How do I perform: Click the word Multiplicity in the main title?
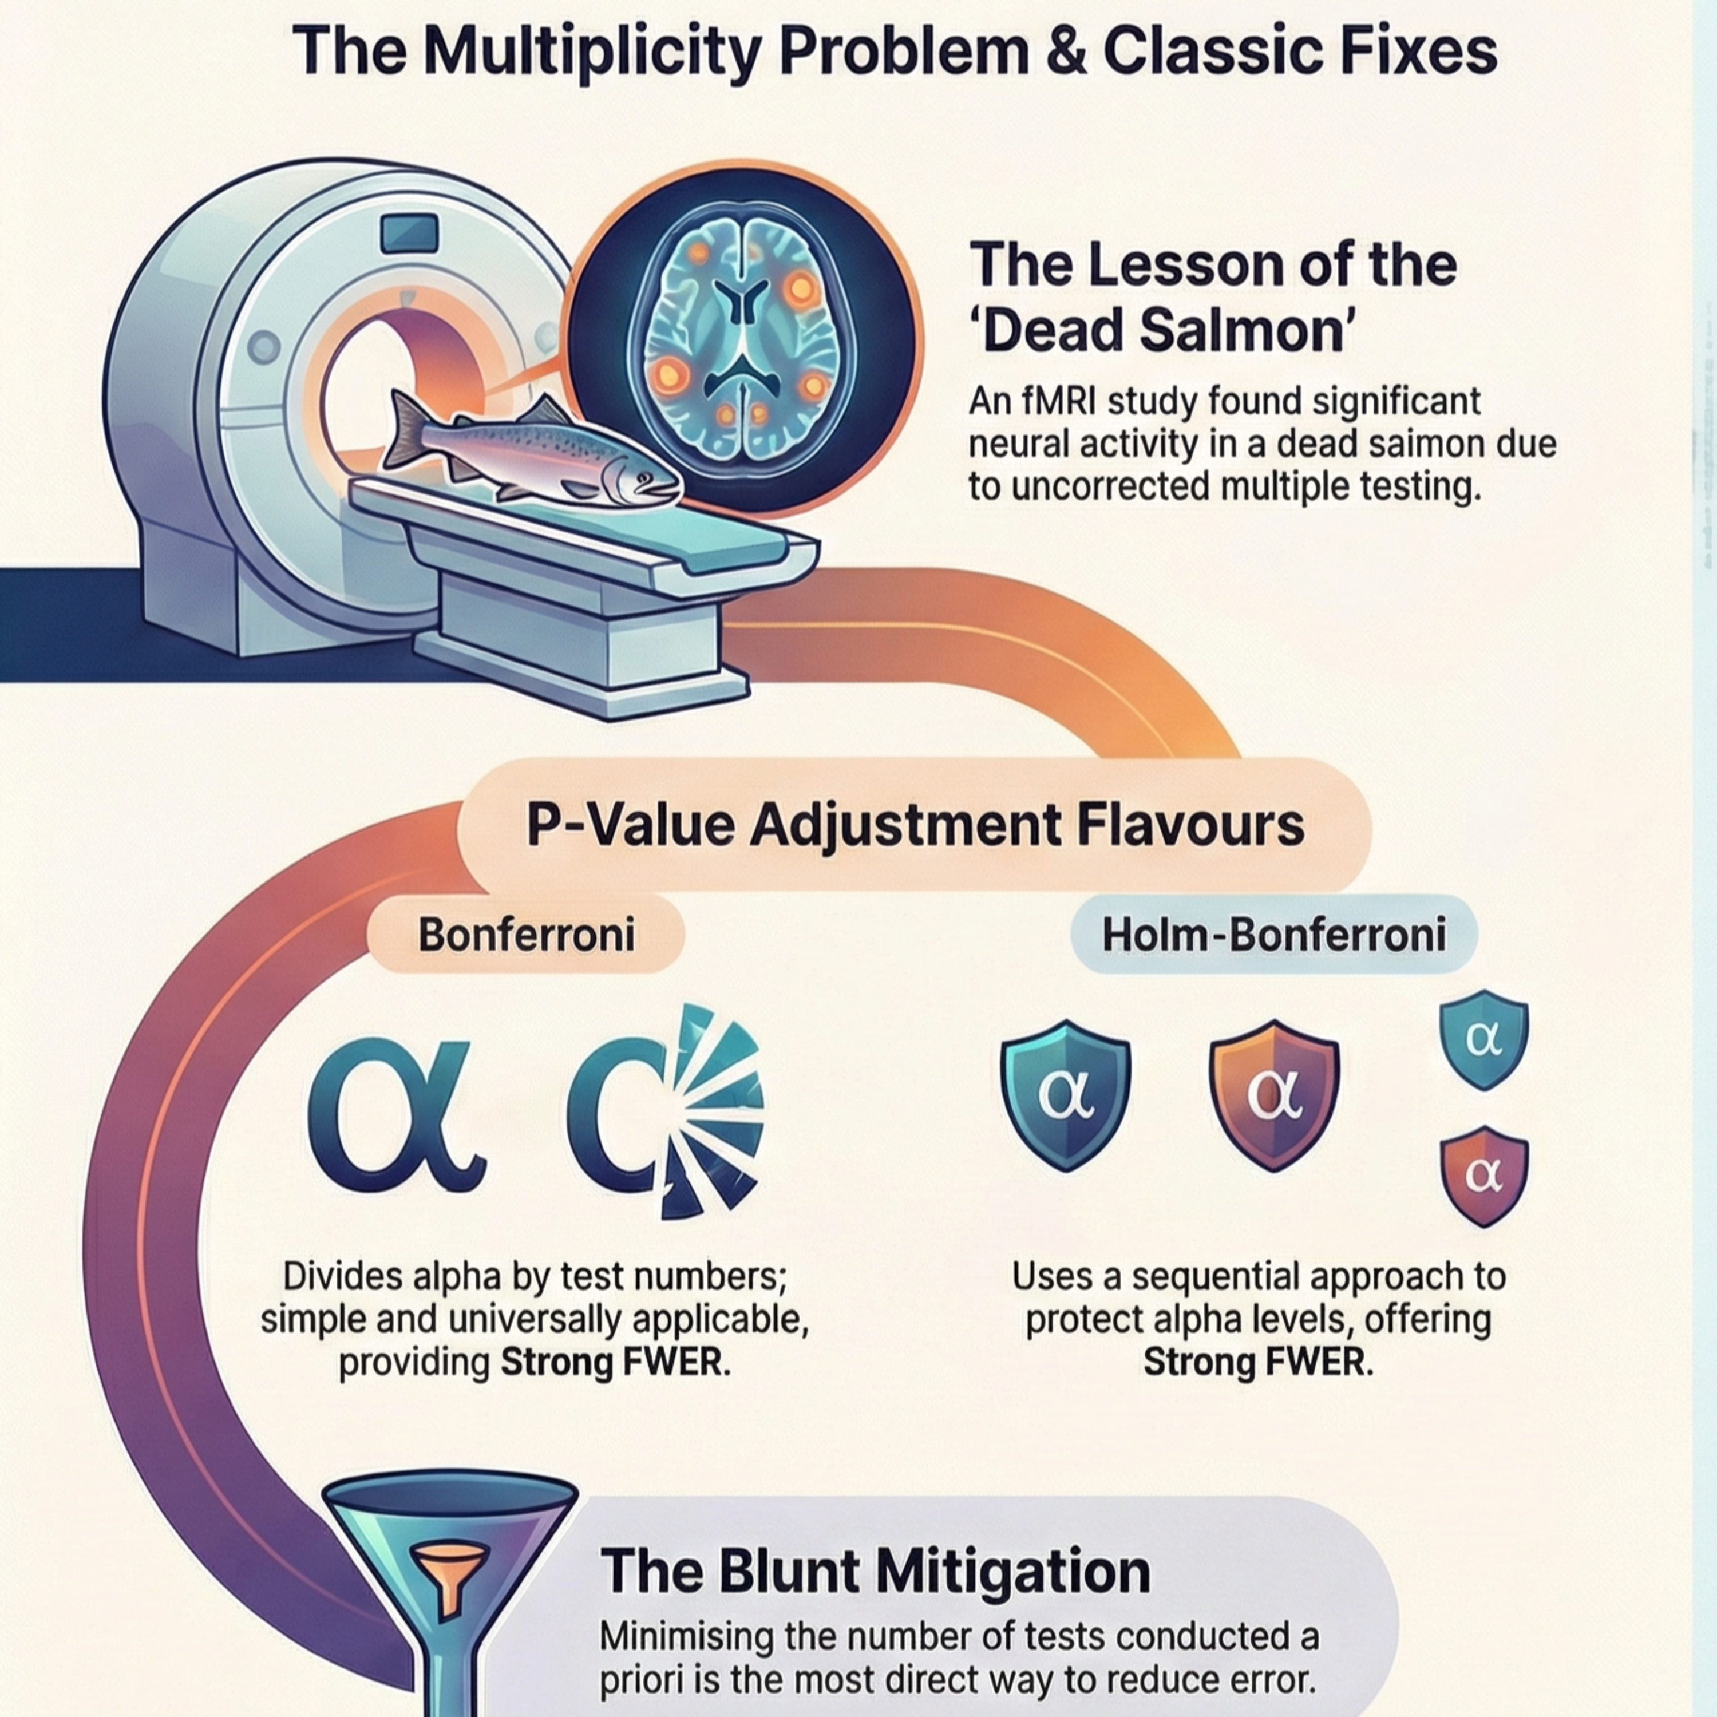coord(592,53)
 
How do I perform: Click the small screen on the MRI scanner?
coord(410,233)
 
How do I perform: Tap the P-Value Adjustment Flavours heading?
coord(915,825)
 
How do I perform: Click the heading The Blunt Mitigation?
coord(876,1570)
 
